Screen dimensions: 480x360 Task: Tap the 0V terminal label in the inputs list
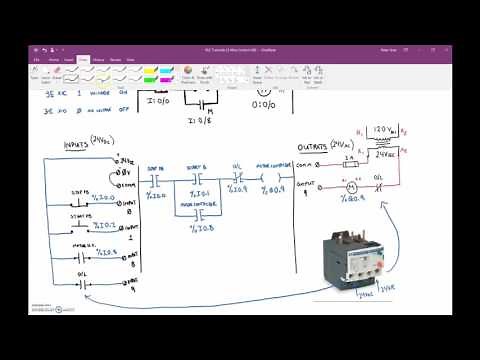tap(127, 172)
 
